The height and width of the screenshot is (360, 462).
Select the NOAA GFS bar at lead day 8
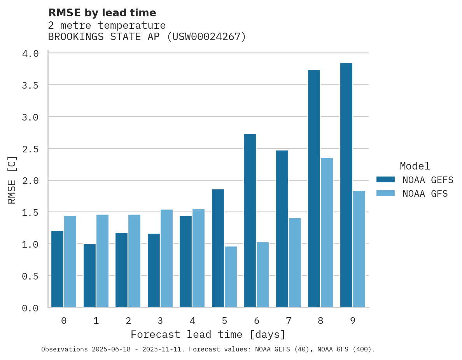[x=327, y=232]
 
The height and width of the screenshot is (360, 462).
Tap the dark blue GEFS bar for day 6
[x=250, y=220]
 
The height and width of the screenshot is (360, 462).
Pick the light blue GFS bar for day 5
[x=231, y=277]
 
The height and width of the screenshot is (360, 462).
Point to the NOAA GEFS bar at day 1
[x=89, y=276]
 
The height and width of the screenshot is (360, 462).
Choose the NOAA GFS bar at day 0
[x=70, y=261]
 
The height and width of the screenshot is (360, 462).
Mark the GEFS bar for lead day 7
[x=282, y=229]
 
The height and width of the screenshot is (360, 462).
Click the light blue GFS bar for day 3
[x=166, y=259]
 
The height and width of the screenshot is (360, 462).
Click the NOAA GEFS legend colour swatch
[x=385, y=180]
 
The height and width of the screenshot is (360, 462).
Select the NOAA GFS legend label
[x=425, y=194]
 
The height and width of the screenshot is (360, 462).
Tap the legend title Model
[x=415, y=166]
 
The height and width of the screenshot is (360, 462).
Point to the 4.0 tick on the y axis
[x=30, y=53]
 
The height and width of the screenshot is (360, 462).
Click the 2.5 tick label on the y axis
[x=30, y=149]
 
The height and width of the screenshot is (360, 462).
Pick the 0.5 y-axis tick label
[x=30, y=276]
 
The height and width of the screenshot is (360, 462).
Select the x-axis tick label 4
[x=192, y=321]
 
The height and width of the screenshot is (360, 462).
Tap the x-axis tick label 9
[x=353, y=321]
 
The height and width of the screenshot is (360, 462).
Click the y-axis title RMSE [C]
[x=12, y=180]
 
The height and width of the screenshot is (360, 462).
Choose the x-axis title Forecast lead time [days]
[x=208, y=334]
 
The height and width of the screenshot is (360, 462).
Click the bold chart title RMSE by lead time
[x=102, y=13]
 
